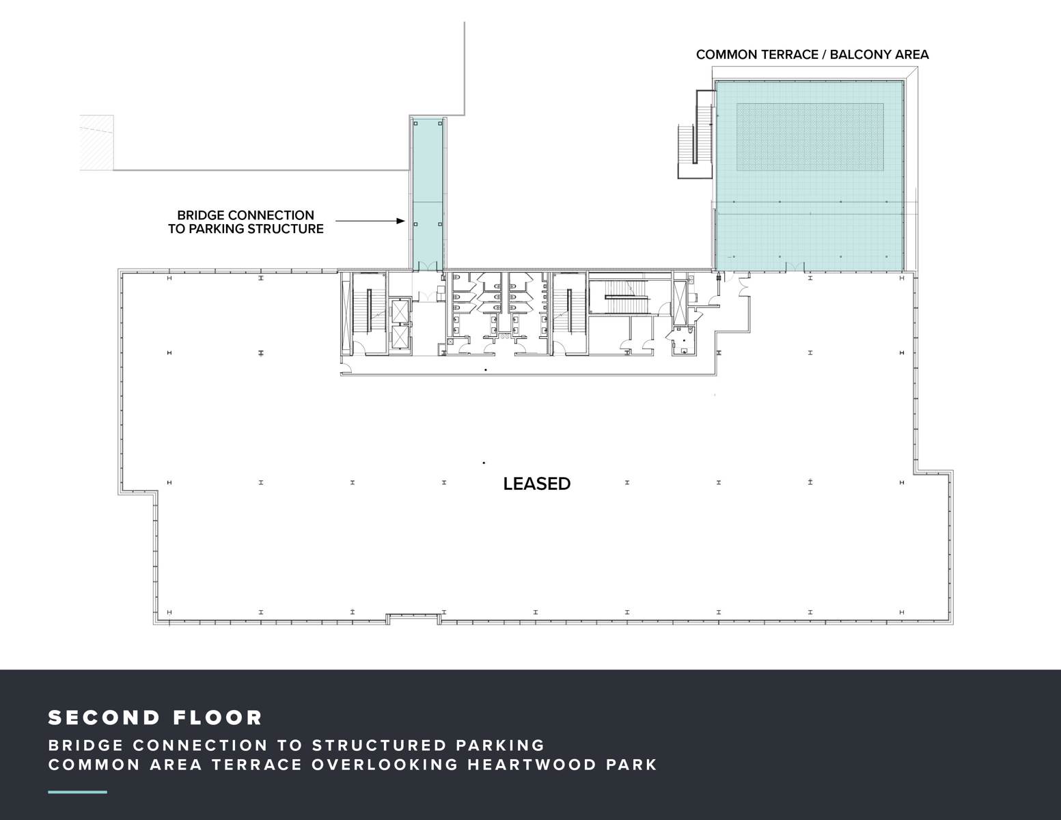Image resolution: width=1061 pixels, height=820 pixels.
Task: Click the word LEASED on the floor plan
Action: (x=536, y=484)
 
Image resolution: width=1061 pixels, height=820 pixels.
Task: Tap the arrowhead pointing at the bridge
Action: (x=401, y=221)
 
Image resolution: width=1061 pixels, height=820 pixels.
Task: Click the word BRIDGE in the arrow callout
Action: (x=204, y=215)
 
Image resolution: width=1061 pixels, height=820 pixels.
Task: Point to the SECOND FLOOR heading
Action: (x=155, y=717)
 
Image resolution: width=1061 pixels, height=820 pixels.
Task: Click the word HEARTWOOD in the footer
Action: (x=532, y=765)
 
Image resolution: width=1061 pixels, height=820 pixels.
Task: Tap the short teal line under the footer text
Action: (x=77, y=792)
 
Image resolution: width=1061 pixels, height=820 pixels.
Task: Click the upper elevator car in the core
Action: (x=400, y=311)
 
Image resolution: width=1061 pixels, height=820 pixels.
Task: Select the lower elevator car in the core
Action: (x=400, y=336)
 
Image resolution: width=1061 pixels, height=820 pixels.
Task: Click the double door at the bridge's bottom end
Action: (x=426, y=266)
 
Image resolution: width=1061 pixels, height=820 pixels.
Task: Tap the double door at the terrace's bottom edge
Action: (x=795, y=266)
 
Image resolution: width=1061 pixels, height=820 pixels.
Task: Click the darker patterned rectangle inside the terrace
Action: (x=810, y=137)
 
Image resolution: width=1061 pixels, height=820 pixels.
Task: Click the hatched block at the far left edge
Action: (x=97, y=143)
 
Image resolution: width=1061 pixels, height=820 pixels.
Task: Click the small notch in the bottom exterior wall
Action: (x=413, y=619)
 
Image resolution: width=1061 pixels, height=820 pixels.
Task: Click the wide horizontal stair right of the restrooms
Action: (x=626, y=297)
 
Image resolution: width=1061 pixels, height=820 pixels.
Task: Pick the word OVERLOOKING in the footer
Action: (x=385, y=765)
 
